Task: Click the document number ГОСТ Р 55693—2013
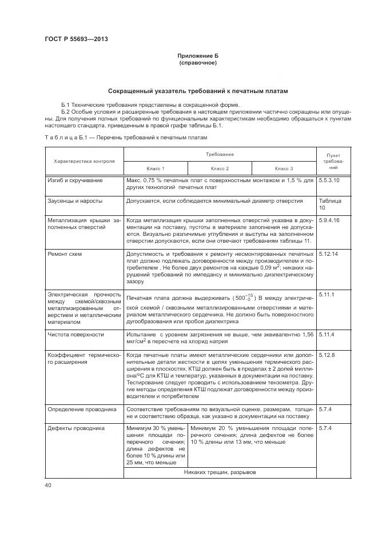[75, 39]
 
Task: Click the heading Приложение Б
[197, 55]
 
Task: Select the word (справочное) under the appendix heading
[197, 62]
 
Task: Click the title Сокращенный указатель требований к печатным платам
[197, 91]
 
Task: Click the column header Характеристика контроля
[84, 161]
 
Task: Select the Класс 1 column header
[156, 168]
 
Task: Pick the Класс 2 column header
[220, 168]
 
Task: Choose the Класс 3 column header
[284, 168]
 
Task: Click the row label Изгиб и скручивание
[75, 180]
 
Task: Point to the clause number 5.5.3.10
[329, 180]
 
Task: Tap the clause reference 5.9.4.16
[329, 220]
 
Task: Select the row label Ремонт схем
[65, 253]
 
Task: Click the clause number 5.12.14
[328, 253]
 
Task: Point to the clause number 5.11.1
[326, 294]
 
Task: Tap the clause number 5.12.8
[326, 355]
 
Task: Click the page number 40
[48, 485]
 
